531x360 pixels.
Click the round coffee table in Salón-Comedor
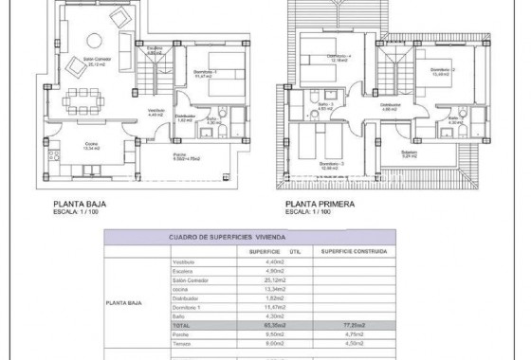95,41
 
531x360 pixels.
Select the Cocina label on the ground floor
65,147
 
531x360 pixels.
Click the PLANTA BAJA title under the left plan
78,203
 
